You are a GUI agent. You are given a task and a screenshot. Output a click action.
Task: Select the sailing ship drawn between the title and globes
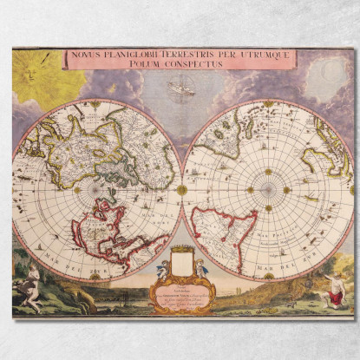click(181, 86)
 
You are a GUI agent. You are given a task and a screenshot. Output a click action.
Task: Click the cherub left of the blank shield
click(163, 269)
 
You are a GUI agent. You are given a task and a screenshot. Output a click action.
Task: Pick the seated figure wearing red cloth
click(332, 294)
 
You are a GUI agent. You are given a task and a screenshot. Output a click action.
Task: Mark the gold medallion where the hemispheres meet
click(182, 189)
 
